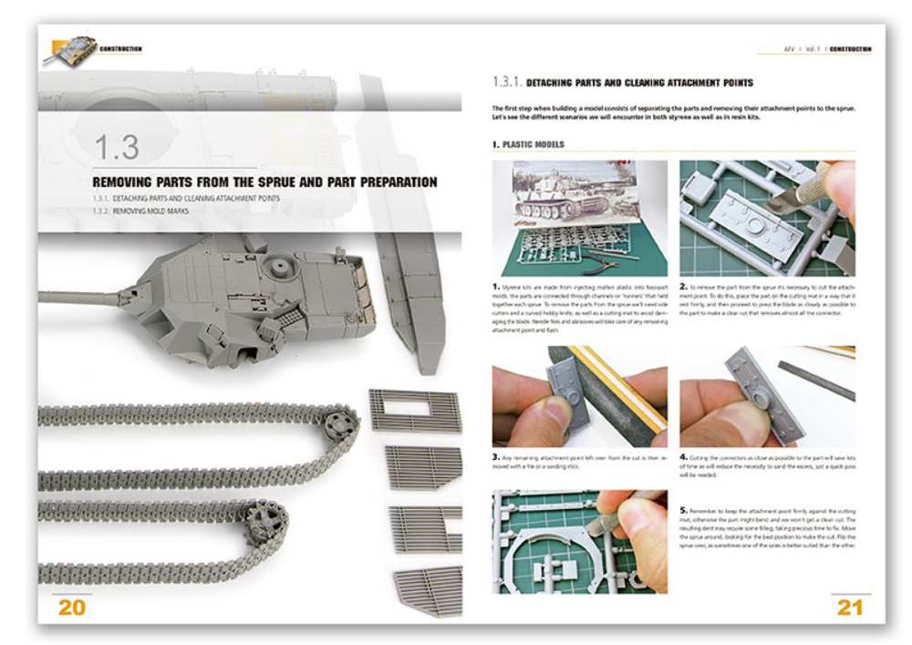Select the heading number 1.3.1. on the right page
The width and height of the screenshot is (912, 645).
click(507, 83)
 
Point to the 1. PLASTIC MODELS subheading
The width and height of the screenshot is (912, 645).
click(528, 144)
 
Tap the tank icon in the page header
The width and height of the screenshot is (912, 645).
click(69, 48)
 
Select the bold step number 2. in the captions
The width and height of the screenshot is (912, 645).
click(683, 288)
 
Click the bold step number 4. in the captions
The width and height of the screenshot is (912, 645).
click(683, 455)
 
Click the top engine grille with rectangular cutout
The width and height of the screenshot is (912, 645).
click(415, 410)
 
